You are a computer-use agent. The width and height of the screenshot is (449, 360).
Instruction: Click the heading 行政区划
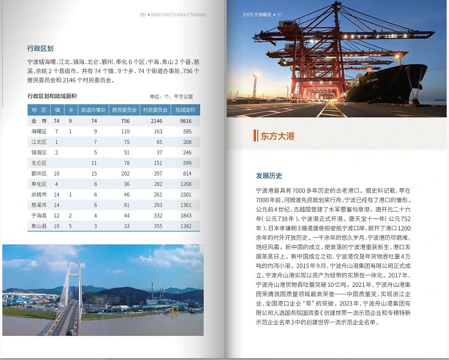click(40, 48)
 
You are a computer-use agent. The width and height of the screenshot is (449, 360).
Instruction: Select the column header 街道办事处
click(94, 110)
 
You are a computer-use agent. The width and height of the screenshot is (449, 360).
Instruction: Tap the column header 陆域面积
click(185, 110)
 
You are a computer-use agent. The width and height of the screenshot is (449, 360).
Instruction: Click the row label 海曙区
click(39, 131)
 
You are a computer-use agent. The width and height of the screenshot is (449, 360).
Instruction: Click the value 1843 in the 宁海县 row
click(186, 216)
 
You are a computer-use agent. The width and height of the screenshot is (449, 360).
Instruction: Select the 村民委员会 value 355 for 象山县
click(158, 226)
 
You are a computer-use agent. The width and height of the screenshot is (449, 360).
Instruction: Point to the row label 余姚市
click(39, 194)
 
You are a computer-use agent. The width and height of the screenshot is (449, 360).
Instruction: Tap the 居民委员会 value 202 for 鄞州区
click(125, 173)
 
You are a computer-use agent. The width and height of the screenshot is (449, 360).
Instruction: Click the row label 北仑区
click(39, 163)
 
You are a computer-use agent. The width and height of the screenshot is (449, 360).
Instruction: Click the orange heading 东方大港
click(277, 136)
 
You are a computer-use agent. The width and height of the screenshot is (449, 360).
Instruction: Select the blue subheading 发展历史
click(269, 176)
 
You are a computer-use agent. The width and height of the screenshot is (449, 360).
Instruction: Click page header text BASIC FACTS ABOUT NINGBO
click(178, 15)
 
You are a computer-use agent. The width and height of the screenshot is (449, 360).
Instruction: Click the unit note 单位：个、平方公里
click(171, 97)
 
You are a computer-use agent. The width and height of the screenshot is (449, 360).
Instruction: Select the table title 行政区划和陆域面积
click(52, 96)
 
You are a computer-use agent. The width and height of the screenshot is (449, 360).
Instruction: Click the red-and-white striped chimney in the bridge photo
click(161, 295)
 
